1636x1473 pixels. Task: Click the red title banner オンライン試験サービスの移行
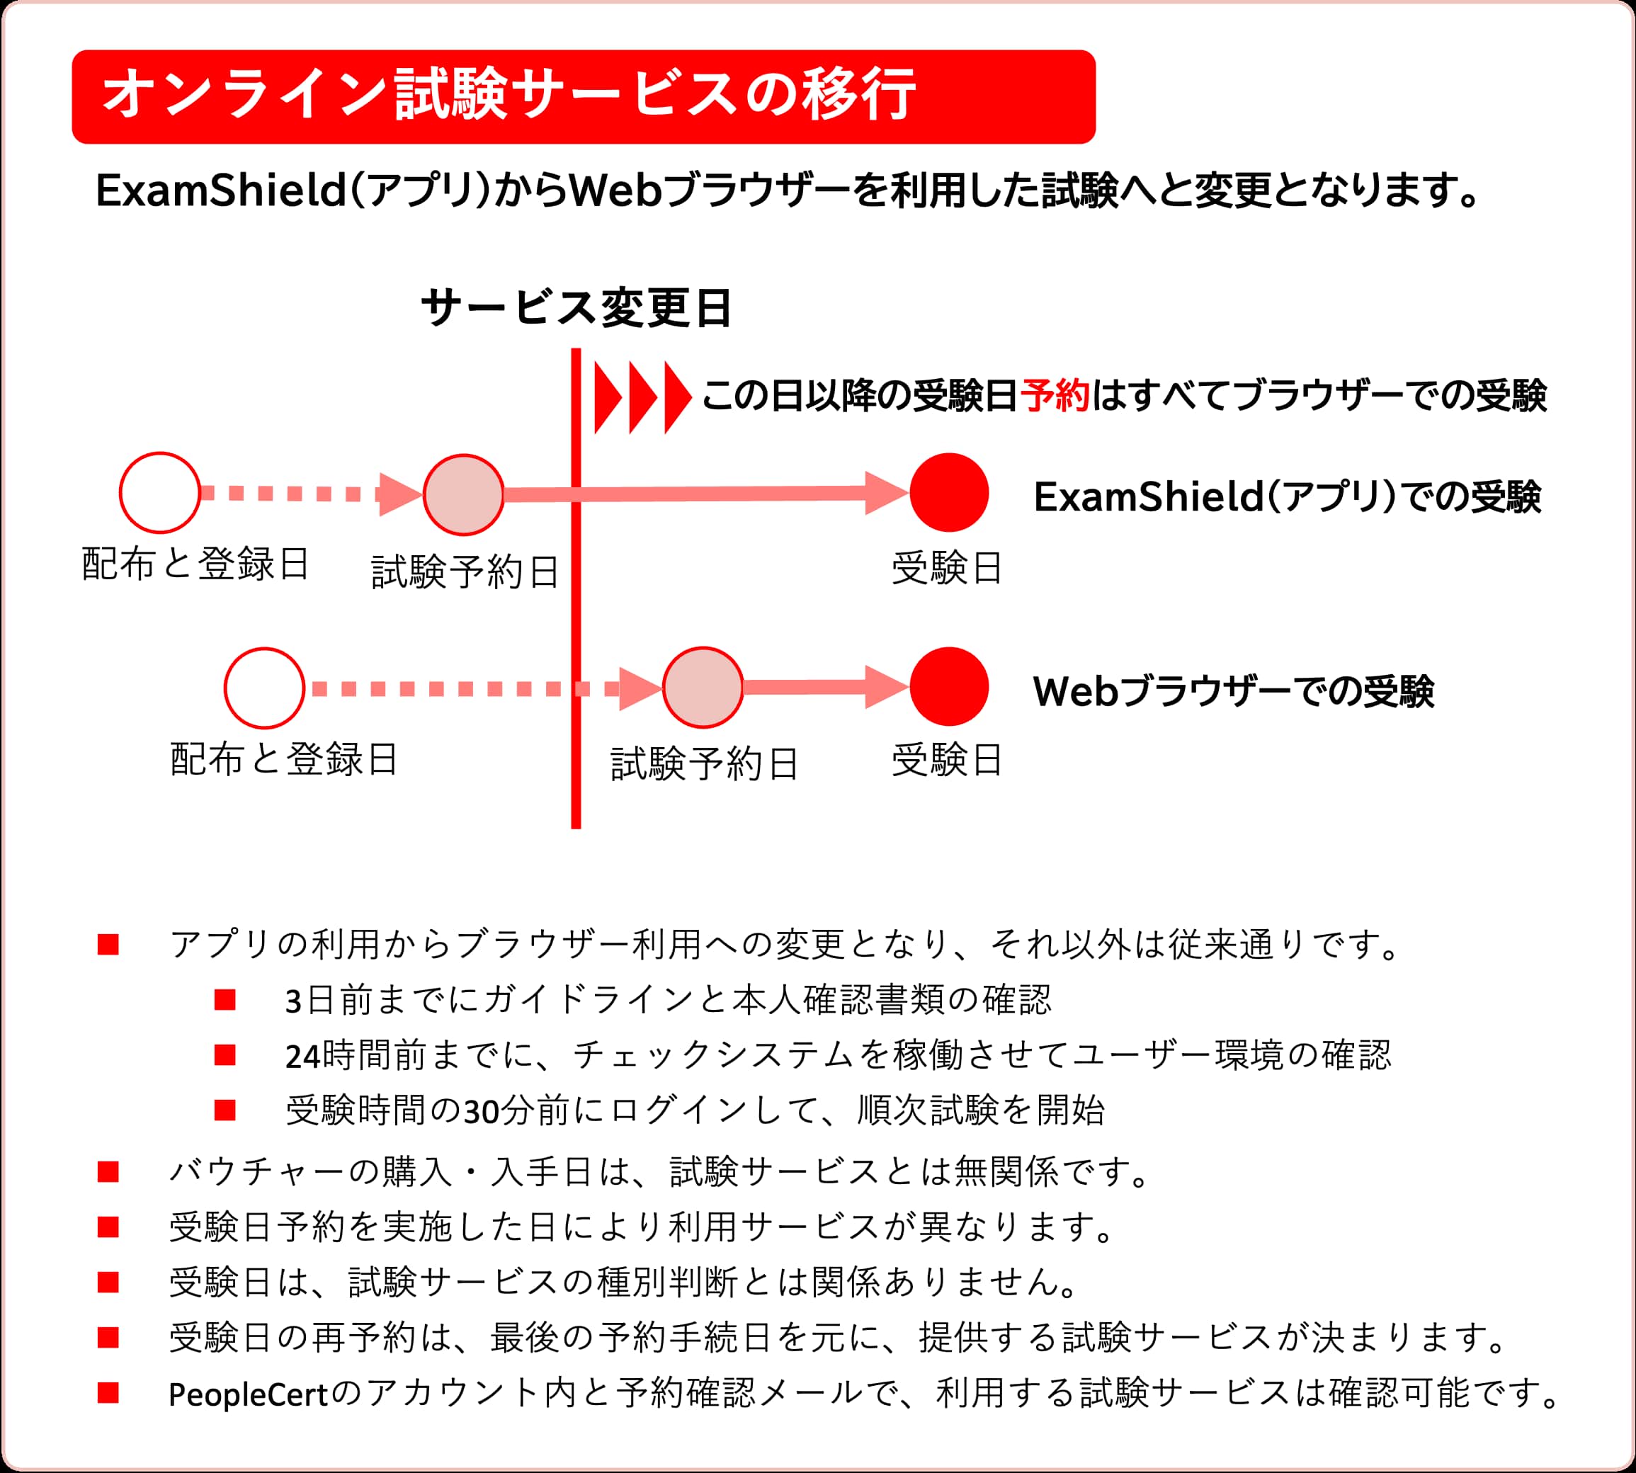583,97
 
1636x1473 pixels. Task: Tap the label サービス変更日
576,308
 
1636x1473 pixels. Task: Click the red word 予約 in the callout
1055,396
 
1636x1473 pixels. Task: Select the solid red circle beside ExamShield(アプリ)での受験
949,492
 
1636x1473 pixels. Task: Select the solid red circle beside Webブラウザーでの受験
949,686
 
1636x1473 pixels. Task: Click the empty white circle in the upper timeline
159,492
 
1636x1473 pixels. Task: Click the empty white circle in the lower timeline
264,688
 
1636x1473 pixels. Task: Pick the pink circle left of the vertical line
464,494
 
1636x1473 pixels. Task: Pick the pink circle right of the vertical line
703,687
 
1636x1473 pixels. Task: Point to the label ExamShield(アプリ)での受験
1287,496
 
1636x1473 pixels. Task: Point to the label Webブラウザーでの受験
1233,692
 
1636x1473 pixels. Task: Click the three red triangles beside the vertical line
642,397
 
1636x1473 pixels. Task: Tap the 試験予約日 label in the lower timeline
704,764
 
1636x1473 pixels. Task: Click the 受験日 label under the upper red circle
946,568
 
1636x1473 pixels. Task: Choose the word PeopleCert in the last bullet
248,1394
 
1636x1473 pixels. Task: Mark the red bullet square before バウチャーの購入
108,1172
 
